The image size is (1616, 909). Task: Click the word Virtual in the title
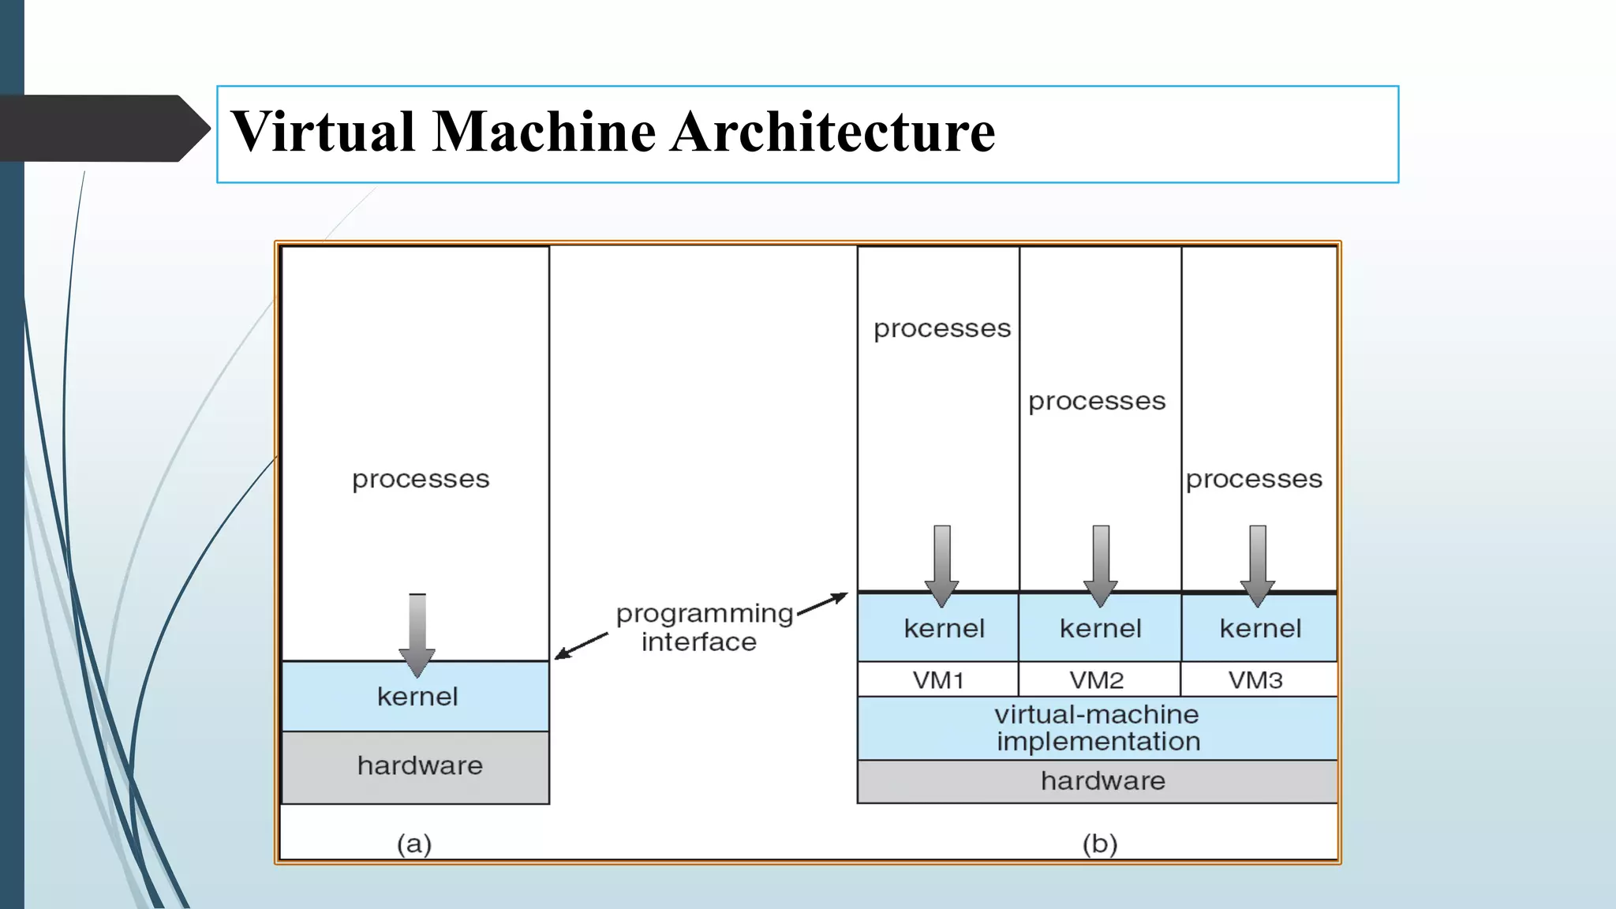(324, 132)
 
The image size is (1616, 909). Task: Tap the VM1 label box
(938, 679)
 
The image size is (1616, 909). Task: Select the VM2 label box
(1097, 679)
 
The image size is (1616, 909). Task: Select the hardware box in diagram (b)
(1102, 781)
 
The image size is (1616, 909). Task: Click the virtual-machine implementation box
(1097, 728)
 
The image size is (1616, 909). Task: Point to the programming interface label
(702, 627)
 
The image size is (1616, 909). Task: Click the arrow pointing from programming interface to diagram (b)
(822, 604)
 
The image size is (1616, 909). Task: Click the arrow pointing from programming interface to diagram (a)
(581, 645)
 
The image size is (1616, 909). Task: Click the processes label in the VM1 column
(942, 328)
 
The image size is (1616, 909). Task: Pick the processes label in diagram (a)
(421, 479)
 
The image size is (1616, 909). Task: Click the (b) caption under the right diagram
(1100, 844)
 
